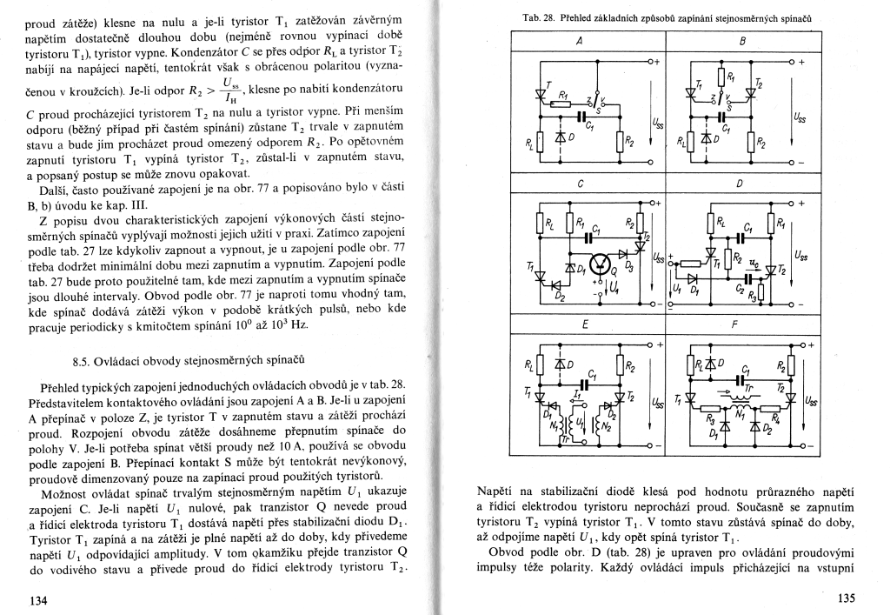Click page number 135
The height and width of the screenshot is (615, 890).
pyautogui.click(x=846, y=598)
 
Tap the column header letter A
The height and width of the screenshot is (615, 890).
pyautogui.click(x=579, y=40)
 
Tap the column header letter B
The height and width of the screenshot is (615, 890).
pyautogui.click(x=742, y=40)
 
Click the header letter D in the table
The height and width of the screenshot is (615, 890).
pyautogui.click(x=740, y=184)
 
